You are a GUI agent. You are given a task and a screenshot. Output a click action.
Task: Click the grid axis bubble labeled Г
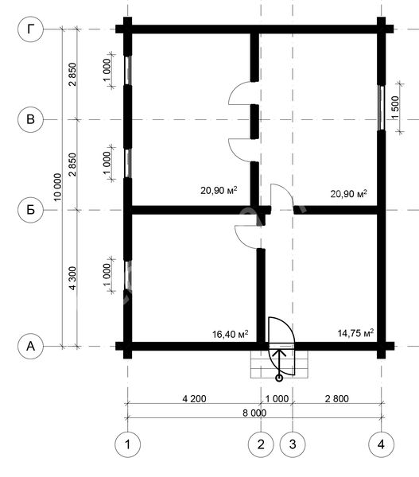(x=30, y=29)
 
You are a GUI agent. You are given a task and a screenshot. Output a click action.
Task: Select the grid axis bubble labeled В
(x=30, y=119)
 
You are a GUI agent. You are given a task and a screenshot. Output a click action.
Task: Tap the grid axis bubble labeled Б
(x=30, y=210)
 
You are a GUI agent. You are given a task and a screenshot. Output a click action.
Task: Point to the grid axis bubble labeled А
(x=30, y=346)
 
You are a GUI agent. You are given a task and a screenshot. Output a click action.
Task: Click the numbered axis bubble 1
(x=127, y=444)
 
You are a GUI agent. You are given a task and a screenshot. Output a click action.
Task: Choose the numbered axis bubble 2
(x=261, y=444)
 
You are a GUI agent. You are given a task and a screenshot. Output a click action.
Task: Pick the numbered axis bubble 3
(x=293, y=444)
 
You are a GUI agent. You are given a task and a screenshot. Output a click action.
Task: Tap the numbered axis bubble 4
(x=382, y=444)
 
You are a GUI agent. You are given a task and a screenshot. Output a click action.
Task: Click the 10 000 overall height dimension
(x=57, y=187)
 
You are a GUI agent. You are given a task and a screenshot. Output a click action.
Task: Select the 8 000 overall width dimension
(x=254, y=413)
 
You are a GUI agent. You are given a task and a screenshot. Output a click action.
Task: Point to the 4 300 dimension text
(x=72, y=278)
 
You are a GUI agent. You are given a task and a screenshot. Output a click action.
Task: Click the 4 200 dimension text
(x=194, y=398)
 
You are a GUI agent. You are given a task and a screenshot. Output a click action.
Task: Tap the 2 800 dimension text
(x=337, y=398)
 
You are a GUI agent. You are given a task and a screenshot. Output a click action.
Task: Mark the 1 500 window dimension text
(x=395, y=107)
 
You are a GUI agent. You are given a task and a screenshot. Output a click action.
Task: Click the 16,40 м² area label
(x=230, y=334)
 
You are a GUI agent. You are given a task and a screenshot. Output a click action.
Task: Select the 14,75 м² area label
(x=355, y=333)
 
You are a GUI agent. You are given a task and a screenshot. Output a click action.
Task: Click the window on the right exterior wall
(x=382, y=108)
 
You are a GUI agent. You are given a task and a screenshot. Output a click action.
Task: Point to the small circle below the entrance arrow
(x=279, y=378)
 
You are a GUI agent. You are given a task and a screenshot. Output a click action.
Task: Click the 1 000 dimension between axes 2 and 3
(x=277, y=398)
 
